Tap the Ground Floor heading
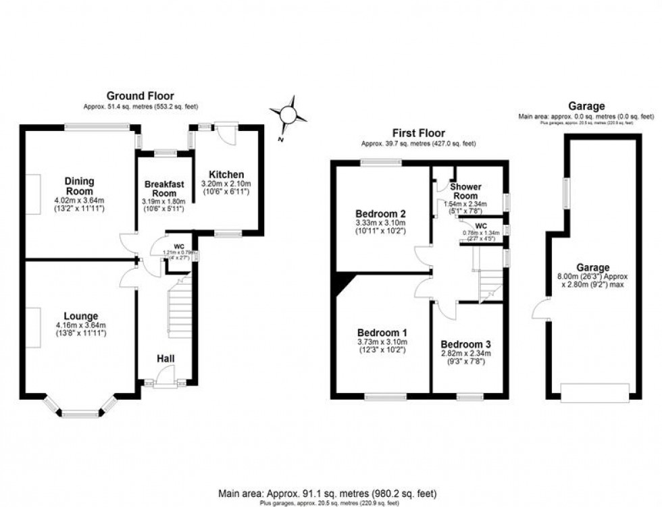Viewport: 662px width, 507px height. point(141,96)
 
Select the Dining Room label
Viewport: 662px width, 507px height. point(79,186)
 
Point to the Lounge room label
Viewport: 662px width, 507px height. point(81,316)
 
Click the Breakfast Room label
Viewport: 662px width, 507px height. point(165,189)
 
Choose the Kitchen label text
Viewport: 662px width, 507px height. point(226,174)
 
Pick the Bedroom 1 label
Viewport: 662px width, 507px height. point(382,333)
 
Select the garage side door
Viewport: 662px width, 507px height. point(538,311)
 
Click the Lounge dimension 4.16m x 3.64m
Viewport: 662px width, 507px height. point(81,325)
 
